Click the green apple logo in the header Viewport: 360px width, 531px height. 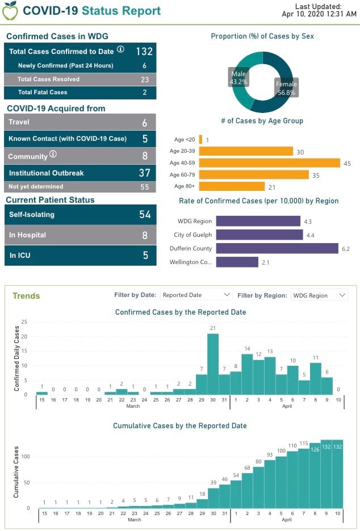coord(11,10)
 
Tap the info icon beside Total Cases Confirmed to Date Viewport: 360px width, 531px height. coord(120,50)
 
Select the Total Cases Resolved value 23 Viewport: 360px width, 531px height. coord(145,80)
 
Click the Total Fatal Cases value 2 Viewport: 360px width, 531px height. coord(145,93)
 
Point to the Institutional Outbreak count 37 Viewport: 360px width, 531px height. coord(144,173)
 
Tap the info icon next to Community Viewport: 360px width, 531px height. coord(53,154)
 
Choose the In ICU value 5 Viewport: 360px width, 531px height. coord(145,256)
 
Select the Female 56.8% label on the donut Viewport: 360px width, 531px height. coord(286,88)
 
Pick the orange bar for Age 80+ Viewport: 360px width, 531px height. coord(232,186)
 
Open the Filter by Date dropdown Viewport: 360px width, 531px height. coord(196,295)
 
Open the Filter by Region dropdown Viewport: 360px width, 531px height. coord(319,295)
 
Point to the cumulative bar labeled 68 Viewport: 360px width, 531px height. coord(248,490)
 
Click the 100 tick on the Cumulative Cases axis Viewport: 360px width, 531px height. coord(26,456)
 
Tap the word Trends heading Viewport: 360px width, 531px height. coord(26,296)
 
